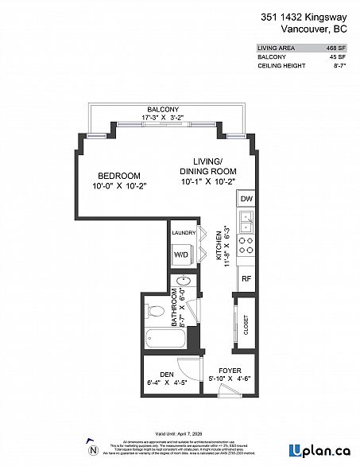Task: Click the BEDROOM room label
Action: click(x=118, y=176)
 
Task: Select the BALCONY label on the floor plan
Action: click(x=162, y=109)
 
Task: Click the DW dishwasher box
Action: click(x=246, y=199)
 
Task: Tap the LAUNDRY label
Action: click(x=184, y=233)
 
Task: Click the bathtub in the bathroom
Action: click(x=164, y=339)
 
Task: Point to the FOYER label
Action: click(x=228, y=370)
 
